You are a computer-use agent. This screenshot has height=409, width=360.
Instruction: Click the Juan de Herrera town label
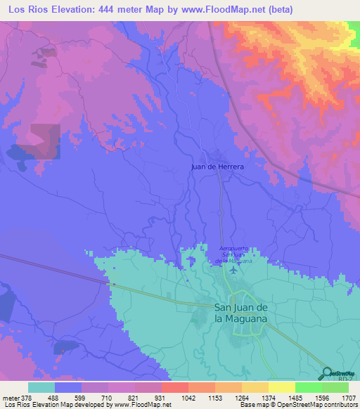click(x=217, y=167)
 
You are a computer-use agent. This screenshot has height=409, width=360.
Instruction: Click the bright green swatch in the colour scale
click(x=308, y=387)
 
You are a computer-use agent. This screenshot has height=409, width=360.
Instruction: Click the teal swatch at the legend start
click(x=41, y=387)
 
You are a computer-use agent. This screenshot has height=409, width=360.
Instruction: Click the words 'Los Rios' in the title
click(x=27, y=9)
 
